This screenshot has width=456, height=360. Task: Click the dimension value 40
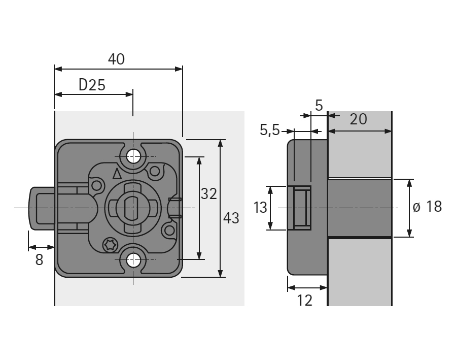point(116,59)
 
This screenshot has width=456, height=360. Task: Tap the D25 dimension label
point(92,85)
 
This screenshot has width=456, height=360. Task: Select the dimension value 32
point(208,193)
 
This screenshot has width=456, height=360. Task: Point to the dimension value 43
point(231,218)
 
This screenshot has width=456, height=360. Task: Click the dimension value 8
point(40,259)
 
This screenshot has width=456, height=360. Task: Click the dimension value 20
point(358,119)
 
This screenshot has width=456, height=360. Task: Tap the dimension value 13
point(260,208)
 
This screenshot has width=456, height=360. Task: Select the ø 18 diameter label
point(427,207)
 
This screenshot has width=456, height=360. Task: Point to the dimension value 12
point(304,300)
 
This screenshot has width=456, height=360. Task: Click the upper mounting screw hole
point(133,156)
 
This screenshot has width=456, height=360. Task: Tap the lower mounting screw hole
point(133,260)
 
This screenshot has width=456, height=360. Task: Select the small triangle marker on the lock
point(117,174)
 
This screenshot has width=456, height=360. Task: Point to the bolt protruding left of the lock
point(41,208)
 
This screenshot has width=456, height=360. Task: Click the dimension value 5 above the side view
point(319,106)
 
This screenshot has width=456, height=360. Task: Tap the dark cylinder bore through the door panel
point(359,208)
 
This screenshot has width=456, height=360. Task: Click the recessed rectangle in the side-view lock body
point(302,208)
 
